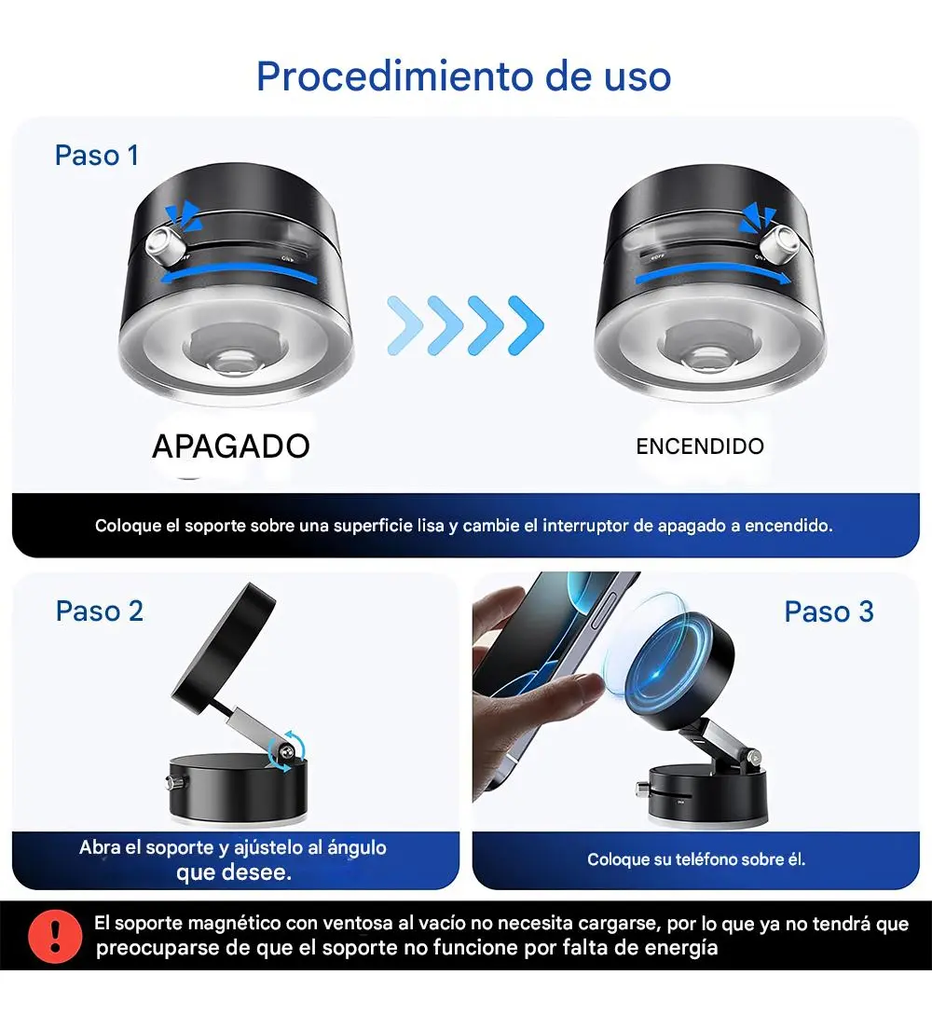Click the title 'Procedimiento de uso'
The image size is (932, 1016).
464,76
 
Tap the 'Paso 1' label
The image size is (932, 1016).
97,156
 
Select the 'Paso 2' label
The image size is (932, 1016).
99,611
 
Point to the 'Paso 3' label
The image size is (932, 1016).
829,611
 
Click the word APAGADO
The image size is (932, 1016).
231,446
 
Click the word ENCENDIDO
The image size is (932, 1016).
700,446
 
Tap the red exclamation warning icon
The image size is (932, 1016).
55,936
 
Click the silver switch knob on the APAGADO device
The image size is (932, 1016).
162,244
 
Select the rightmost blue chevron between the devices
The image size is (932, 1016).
526,325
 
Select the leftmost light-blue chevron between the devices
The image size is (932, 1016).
404,325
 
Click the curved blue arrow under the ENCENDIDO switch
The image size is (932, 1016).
713,276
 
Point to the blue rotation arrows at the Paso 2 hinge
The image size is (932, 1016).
285,751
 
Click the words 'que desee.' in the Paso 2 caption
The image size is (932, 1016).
234,872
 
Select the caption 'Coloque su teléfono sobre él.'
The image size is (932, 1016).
696,859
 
